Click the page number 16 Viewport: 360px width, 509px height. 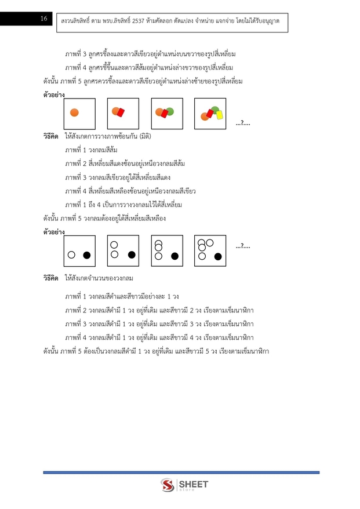(x=43, y=19)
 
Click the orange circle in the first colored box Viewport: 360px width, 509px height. (x=74, y=112)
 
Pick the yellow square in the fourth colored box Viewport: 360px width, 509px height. (x=220, y=115)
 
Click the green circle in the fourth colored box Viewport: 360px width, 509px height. (x=215, y=109)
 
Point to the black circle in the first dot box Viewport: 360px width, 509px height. (x=87, y=254)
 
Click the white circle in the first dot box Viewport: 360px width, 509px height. (x=71, y=254)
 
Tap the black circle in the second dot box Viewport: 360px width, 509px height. (x=132, y=254)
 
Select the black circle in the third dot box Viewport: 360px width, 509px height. (x=174, y=256)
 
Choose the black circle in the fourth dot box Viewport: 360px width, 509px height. (x=218, y=256)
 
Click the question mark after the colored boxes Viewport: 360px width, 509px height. (x=243, y=122)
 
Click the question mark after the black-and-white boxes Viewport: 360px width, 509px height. (x=243, y=247)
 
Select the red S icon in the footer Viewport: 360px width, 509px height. (x=168, y=486)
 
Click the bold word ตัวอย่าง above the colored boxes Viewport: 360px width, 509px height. (x=54, y=94)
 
